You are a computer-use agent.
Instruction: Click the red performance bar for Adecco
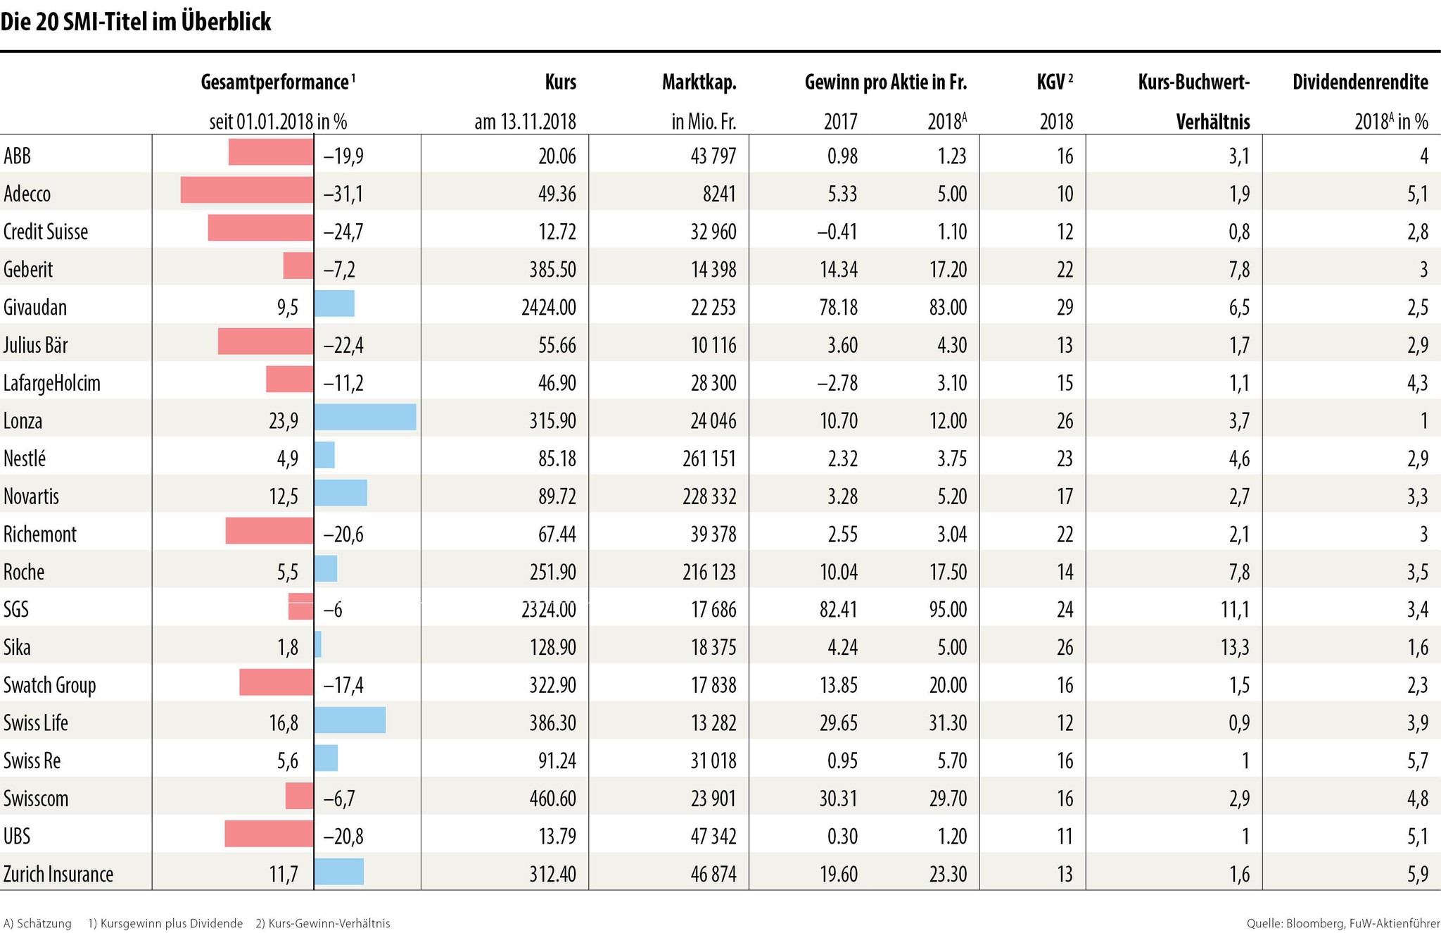pos(246,190)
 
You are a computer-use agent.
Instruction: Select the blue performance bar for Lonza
pos(364,417)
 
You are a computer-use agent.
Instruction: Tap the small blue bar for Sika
pos(318,644)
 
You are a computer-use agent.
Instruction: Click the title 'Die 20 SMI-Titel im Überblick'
pos(136,23)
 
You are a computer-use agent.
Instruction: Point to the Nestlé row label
pos(25,459)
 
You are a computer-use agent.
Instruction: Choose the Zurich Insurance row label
pos(58,875)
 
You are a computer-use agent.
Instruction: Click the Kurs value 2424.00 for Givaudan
pos(549,308)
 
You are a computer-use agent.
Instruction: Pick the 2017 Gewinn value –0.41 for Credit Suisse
pos(837,232)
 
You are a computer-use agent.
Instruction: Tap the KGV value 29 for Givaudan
pos(1065,308)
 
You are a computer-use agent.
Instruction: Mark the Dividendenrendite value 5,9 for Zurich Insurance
pos(1418,875)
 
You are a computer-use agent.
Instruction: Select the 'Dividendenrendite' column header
pos(1360,82)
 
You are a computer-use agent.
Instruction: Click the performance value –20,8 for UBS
pos(343,837)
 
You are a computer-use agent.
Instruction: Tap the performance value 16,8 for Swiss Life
pos(284,723)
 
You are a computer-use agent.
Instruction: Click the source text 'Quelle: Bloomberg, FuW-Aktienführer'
pos(1342,923)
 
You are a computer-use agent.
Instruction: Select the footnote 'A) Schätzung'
pos(37,923)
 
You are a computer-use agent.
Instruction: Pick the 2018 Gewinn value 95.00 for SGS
pos(947,610)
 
